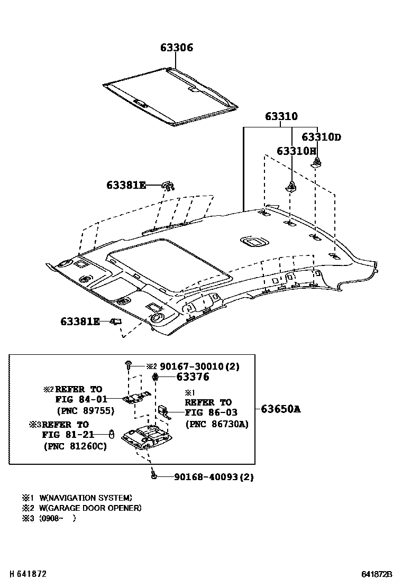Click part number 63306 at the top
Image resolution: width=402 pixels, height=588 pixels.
click(x=177, y=48)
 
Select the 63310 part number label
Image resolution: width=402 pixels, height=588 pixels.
click(x=281, y=116)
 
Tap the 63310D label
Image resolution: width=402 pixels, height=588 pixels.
click(x=321, y=137)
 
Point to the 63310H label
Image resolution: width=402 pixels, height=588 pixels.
click(x=296, y=151)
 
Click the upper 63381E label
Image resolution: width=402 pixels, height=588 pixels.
click(x=126, y=185)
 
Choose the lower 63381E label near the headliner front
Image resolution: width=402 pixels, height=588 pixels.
click(x=80, y=321)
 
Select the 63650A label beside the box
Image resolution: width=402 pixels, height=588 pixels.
click(x=280, y=408)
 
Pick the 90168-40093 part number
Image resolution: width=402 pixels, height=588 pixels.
click(x=214, y=477)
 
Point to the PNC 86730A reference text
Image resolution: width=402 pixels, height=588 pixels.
click(x=216, y=424)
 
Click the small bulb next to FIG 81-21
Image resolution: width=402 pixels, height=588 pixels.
click(x=112, y=434)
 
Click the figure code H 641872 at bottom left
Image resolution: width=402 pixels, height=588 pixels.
click(x=24, y=574)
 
